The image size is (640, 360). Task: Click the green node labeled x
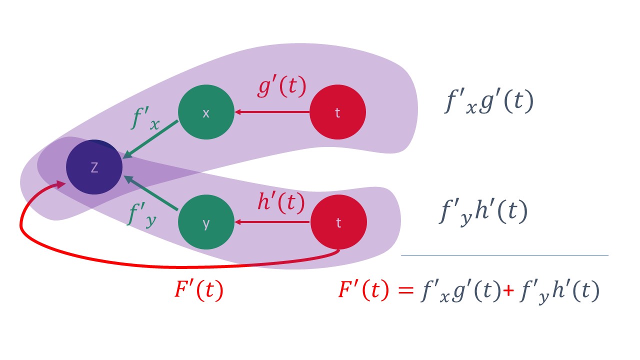pyautogui.click(x=206, y=112)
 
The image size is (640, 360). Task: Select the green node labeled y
pyautogui.click(x=206, y=223)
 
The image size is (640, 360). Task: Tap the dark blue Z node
pyautogui.click(x=94, y=167)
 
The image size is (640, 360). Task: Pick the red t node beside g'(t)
pyautogui.click(x=337, y=112)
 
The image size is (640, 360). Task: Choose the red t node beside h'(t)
pyautogui.click(x=338, y=222)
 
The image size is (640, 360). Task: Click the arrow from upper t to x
pyautogui.click(x=272, y=112)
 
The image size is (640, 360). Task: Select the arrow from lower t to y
pyautogui.click(x=272, y=222)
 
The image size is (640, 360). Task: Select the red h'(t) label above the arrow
pyautogui.click(x=280, y=202)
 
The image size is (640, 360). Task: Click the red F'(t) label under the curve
pyautogui.click(x=198, y=290)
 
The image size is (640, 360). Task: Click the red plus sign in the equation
pyautogui.click(x=508, y=291)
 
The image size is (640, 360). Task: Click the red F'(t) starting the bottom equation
pyautogui.click(x=363, y=290)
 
